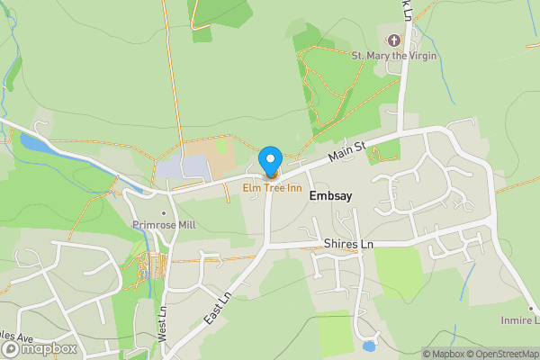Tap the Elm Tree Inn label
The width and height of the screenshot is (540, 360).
270,187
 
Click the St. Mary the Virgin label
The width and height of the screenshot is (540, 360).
394,56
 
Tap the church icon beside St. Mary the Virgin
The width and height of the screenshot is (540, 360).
393,40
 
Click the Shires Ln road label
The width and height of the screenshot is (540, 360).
348,245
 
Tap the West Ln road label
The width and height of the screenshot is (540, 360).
163,319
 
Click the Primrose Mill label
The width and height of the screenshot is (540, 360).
163,223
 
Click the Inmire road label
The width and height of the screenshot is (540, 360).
520,319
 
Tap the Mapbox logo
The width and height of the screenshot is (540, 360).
40,348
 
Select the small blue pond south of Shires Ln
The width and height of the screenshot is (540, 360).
368,346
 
